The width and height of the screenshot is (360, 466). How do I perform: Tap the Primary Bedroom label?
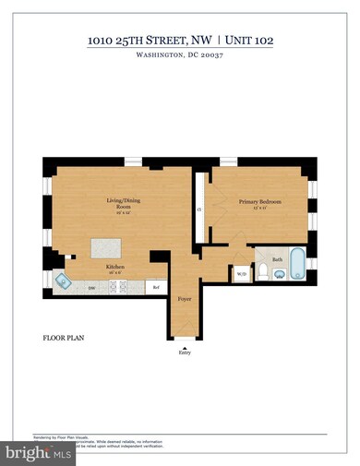(259, 202)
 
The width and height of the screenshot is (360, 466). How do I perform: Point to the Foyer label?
(185, 299)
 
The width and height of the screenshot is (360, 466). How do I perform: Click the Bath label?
(276, 259)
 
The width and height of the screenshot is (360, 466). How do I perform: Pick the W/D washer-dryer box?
(242, 274)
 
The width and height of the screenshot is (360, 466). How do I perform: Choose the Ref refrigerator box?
(156, 287)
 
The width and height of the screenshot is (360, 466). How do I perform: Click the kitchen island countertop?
(107, 249)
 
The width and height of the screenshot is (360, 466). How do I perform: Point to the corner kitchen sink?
(62, 282)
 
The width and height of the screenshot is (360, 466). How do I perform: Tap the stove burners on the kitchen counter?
(120, 287)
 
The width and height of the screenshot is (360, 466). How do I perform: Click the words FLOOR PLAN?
(62, 338)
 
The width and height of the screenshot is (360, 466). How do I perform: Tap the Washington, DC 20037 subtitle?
(179, 54)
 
